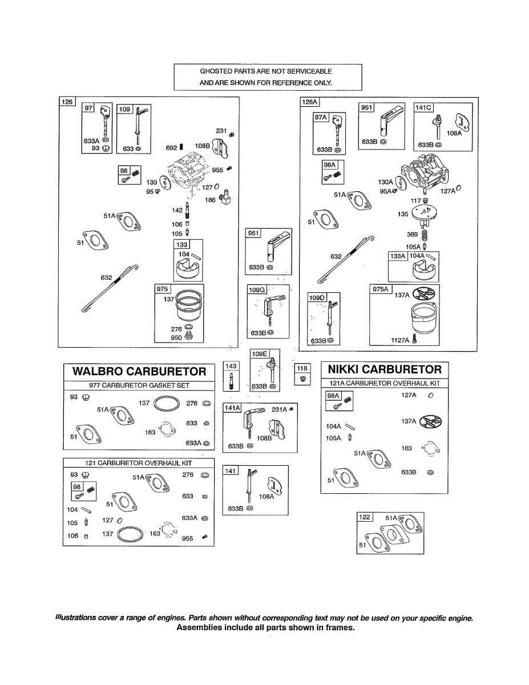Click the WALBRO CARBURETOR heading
[x=139, y=372]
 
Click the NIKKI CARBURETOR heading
[x=385, y=369]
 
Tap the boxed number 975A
[x=380, y=289]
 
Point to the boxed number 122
[x=364, y=517]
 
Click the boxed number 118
[x=302, y=368]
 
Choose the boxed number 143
[x=231, y=366]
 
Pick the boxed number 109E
[x=260, y=354]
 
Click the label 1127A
[x=399, y=340]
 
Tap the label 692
[x=171, y=148]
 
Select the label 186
[x=210, y=200]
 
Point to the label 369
[x=411, y=235]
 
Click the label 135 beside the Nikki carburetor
[x=403, y=215]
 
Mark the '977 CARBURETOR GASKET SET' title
[x=139, y=386]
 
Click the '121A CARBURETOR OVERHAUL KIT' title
[x=385, y=383]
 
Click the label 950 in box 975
[x=176, y=338]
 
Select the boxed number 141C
[x=424, y=108]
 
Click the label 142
[x=177, y=211]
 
